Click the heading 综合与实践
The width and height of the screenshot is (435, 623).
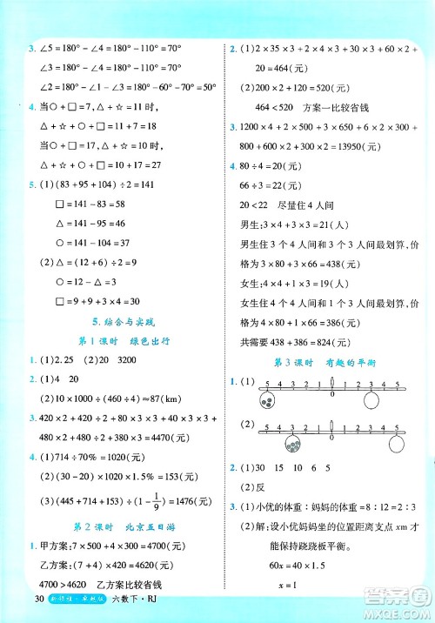(115, 322)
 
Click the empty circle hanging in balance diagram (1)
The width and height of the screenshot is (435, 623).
(371, 401)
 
